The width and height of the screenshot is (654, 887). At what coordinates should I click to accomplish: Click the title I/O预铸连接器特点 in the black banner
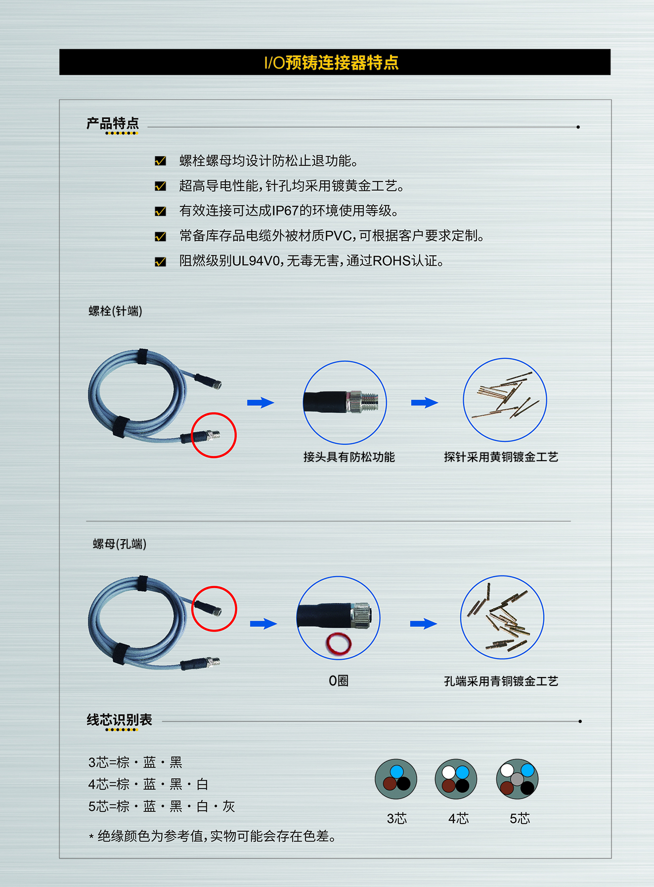pos(331,63)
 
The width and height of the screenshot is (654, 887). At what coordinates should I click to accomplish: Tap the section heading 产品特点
pos(113,123)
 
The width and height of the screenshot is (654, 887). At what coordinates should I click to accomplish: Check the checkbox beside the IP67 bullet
pos(160,211)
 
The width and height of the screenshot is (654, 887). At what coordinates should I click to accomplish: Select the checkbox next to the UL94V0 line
pos(160,261)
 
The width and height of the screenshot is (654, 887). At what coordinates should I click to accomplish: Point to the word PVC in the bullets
pos(339,236)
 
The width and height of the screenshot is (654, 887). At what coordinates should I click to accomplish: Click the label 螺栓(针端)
pos(115,311)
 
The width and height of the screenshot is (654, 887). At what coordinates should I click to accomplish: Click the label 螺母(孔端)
pos(120,544)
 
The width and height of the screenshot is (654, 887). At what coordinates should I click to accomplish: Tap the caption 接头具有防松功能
pos(349,457)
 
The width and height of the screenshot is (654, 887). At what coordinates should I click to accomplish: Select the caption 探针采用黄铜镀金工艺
pos(501,457)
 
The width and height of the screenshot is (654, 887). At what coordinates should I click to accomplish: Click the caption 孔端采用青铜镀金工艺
pos(501,681)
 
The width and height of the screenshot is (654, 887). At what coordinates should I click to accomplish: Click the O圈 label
pos(339,681)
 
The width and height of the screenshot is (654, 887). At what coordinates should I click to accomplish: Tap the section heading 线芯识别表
pos(119,719)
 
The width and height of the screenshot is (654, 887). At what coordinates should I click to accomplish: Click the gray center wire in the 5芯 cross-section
pos(517,779)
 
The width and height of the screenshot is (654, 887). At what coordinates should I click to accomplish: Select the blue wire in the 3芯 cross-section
pos(397,771)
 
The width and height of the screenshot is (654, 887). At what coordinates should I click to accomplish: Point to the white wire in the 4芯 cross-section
pos(448,772)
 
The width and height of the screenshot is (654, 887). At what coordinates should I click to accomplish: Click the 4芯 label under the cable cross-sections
pos(458,819)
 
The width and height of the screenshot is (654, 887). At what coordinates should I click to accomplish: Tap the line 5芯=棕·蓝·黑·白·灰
pos(162,806)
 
